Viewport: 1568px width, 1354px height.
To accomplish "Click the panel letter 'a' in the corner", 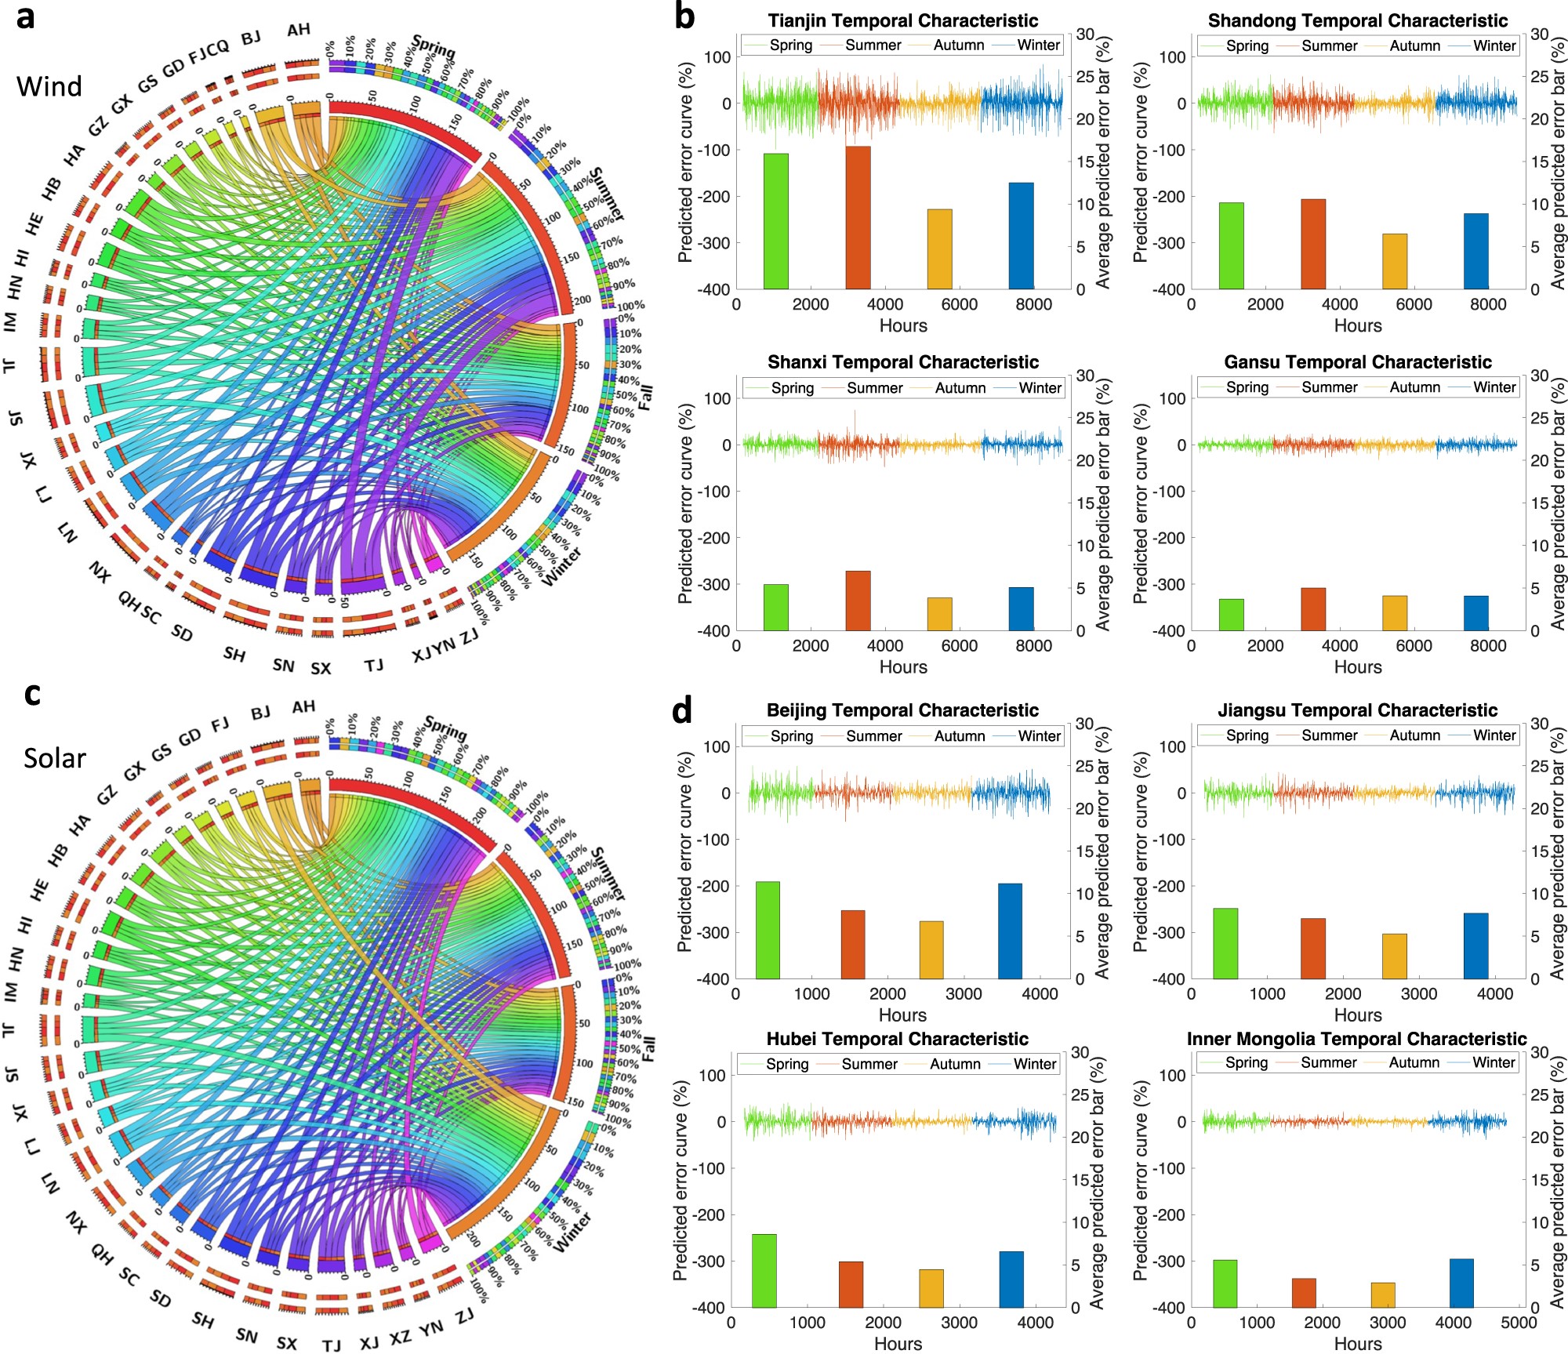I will [26, 17].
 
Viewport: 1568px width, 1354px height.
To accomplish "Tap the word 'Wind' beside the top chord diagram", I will [49, 86].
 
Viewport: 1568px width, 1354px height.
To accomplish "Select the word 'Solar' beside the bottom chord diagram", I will [54, 758].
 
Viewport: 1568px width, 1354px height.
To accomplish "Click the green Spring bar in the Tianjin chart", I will [776, 221].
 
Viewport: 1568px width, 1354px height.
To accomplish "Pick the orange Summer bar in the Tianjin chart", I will [858, 217].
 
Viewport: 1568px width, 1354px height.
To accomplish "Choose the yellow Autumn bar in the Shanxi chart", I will [939, 614].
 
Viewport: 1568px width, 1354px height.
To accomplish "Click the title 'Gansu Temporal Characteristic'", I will [1358, 362].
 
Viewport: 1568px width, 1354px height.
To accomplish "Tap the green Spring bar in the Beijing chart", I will [768, 930].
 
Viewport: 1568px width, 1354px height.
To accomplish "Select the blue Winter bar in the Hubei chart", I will [1011, 1279].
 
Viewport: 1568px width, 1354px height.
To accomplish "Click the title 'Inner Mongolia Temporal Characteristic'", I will [1356, 1039].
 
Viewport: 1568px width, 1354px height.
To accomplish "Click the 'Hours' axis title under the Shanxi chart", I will [903, 667].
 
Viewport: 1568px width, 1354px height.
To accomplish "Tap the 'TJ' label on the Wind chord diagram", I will [374, 666].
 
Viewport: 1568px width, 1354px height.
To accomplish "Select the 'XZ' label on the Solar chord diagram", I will [400, 1337].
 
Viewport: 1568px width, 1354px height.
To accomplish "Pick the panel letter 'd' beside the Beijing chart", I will [682, 710].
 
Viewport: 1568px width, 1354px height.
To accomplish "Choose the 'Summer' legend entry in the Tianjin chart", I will [873, 45].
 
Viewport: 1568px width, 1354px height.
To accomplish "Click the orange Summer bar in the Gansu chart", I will [1313, 609].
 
